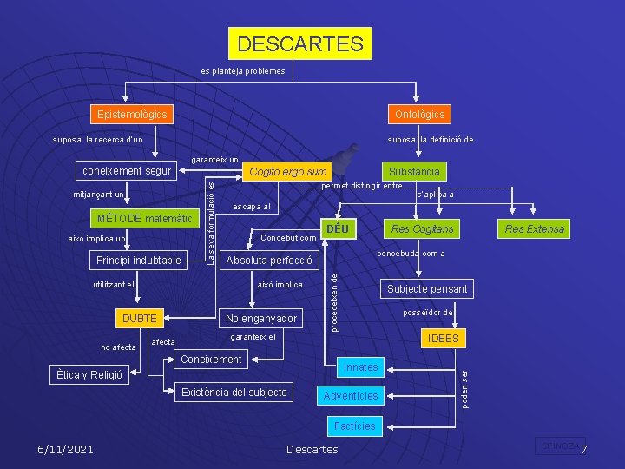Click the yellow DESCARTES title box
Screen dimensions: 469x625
[300, 43]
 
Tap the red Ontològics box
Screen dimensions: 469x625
[420, 114]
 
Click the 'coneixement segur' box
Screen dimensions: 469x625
[128, 170]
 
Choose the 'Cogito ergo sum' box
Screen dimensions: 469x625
[288, 172]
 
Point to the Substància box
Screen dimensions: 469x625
[414, 171]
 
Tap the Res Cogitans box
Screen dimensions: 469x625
[423, 229]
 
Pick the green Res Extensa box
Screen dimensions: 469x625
[534, 229]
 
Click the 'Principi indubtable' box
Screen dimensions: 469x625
[139, 260]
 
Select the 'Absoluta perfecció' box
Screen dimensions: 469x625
[269, 261]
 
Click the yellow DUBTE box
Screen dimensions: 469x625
[139, 319]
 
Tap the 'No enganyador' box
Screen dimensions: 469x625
[260, 319]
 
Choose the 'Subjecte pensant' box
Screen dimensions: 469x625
[427, 288]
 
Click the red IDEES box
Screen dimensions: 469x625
[443, 339]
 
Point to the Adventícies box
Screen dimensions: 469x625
[351, 396]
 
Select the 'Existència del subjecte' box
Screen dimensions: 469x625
[234, 393]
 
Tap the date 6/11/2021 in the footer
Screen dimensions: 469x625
[65, 449]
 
